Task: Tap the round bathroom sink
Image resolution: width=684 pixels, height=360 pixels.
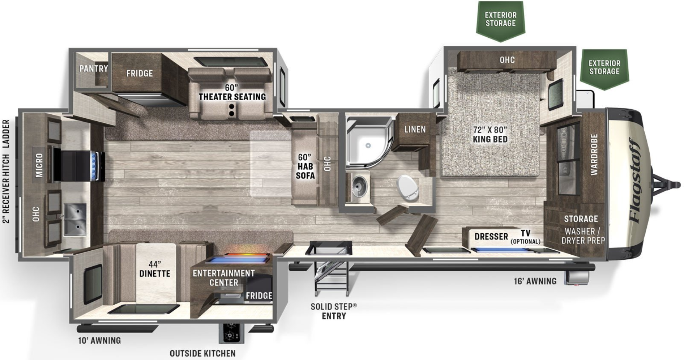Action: click(358, 187)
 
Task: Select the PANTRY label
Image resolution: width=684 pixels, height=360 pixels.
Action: click(94, 69)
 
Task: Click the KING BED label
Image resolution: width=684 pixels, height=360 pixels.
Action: click(490, 139)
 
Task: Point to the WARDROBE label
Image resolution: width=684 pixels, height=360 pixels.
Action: click(594, 154)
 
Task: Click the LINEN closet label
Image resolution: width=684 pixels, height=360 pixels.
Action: click(415, 129)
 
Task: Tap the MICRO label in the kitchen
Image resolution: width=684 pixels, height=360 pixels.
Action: click(39, 165)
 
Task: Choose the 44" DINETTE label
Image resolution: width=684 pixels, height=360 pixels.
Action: click(155, 269)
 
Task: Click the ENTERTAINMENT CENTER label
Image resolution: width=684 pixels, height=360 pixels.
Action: click(224, 278)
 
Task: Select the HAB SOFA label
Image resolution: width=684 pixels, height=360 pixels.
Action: click(305, 171)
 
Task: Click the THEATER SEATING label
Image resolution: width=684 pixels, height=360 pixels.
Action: click(232, 97)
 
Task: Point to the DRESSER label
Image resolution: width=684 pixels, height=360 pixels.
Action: click(491, 237)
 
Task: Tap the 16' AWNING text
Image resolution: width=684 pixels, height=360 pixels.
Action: click(535, 281)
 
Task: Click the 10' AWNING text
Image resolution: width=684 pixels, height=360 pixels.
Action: click(100, 341)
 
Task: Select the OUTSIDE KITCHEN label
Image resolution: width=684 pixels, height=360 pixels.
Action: click(203, 353)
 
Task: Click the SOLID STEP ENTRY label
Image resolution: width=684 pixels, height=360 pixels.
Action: click(334, 311)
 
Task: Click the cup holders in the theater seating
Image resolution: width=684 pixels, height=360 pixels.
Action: click(232, 110)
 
